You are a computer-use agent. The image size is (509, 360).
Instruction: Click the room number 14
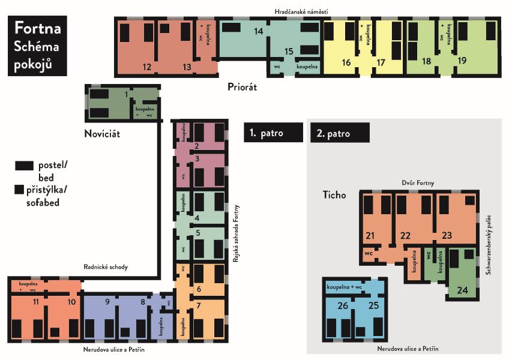(258, 31)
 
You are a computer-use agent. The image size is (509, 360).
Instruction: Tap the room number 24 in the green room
(462, 290)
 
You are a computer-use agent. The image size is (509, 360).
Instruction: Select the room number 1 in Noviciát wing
(126, 94)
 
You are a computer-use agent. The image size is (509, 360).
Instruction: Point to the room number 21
(370, 235)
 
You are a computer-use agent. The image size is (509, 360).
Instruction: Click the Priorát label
(242, 87)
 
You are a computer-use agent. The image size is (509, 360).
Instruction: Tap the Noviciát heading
(102, 134)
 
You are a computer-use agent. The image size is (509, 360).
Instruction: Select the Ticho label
(334, 195)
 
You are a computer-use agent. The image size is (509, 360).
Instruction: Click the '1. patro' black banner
(273, 133)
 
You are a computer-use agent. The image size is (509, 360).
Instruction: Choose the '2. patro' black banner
(340, 133)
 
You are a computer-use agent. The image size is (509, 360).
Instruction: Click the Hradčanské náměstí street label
(301, 12)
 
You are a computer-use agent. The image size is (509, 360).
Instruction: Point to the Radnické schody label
(106, 267)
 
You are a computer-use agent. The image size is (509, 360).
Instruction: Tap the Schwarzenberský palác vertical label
(488, 244)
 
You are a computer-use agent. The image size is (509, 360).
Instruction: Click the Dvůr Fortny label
(418, 183)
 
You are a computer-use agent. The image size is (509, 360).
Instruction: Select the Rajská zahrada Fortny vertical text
(236, 233)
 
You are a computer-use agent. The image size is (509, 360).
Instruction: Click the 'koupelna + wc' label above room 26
(344, 287)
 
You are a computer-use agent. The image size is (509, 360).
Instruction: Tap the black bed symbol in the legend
(25, 166)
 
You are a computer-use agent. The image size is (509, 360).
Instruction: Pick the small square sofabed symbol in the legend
(19, 190)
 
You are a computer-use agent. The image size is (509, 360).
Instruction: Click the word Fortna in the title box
(38, 28)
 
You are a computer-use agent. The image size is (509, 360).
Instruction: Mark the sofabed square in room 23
(470, 200)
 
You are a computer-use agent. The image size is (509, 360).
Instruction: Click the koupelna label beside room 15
(307, 67)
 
